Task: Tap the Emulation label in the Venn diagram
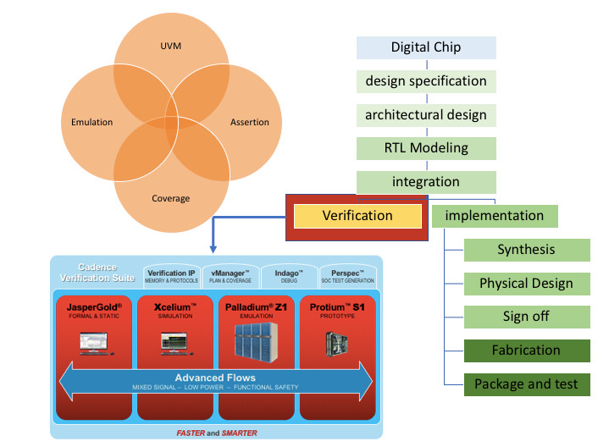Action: tap(91, 123)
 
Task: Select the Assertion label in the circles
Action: tap(250, 123)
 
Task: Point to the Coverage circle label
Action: tap(172, 199)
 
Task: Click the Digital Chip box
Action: tap(425, 47)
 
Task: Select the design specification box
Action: tap(425, 81)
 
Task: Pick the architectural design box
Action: tap(425, 114)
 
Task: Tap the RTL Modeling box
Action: tap(425, 148)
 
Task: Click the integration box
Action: tap(425, 182)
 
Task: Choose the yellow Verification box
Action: tap(357, 216)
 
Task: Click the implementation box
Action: tap(495, 216)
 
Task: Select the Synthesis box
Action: tap(526, 250)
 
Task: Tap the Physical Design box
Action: tap(526, 284)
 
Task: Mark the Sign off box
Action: tap(526, 317)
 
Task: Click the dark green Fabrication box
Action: tap(526, 350)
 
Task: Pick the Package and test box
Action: tap(526, 384)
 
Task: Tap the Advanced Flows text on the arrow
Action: tap(215, 377)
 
